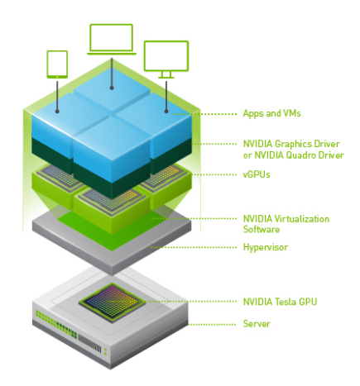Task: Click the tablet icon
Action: pyautogui.click(x=57, y=64)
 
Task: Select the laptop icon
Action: pyautogui.click(x=112, y=40)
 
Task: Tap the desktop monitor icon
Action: pyautogui.click(x=166, y=60)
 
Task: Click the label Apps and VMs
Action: pyautogui.click(x=271, y=113)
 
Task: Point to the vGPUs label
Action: pyautogui.click(x=257, y=174)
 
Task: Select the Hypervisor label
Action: pyautogui.click(x=266, y=247)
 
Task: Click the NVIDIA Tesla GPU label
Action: pyautogui.click(x=280, y=302)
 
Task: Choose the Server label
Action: pyautogui.click(x=257, y=324)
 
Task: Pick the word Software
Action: pyautogui.click(x=262, y=230)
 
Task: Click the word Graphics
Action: pyautogui.click(x=295, y=144)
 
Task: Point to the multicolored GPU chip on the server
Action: pyautogui.click(x=112, y=303)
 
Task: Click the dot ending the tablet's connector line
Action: pyautogui.click(x=57, y=112)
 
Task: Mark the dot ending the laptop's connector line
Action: pyautogui.click(x=112, y=88)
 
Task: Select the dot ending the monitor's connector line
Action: pyautogui.click(x=166, y=112)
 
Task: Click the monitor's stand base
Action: pyautogui.click(x=166, y=78)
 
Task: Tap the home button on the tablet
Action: pyautogui.click(x=57, y=76)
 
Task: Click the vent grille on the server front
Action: pyautogui.click(x=89, y=343)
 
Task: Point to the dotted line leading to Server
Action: pyautogui.click(x=212, y=325)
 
